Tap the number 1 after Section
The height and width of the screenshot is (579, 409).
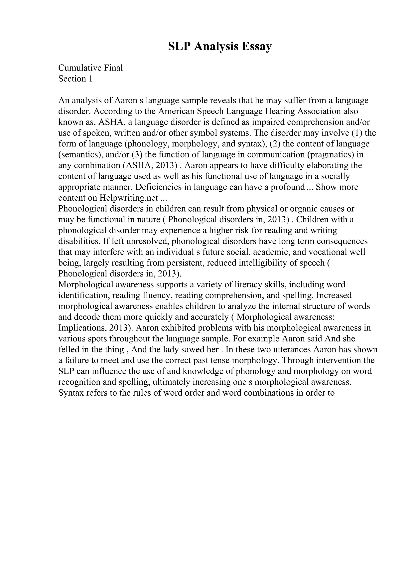90,79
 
